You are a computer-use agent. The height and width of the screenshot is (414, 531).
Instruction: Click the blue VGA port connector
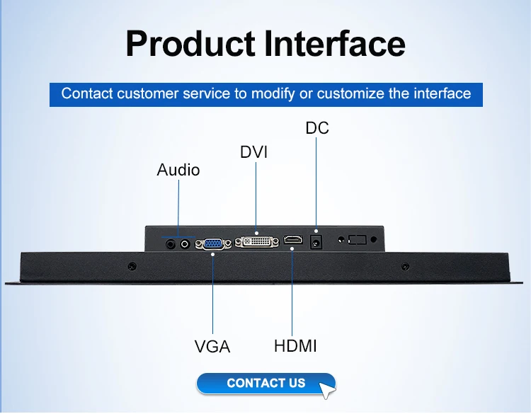coord(213,243)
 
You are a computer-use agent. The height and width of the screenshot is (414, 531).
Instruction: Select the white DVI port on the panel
coord(257,242)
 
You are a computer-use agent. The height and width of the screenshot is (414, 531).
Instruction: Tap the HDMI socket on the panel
coord(293,240)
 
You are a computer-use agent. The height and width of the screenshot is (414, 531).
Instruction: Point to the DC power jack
coord(316,242)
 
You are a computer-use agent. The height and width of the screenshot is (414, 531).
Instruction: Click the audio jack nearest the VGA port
coord(185,243)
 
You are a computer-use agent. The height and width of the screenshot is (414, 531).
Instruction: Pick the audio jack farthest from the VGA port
coord(171,243)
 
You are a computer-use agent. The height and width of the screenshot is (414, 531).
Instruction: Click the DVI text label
coord(253,152)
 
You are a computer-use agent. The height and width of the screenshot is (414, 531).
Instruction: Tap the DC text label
coord(317,128)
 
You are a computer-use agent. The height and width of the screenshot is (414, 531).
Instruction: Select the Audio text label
coord(178,170)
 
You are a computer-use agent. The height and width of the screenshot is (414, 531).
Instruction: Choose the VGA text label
coord(212,346)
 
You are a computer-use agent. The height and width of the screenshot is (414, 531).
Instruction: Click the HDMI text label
coord(295,346)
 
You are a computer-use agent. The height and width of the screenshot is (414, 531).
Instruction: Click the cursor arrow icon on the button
coord(326,391)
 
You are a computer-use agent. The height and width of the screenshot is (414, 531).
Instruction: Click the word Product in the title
coord(190,44)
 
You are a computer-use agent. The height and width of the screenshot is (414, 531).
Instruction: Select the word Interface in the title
coord(335,44)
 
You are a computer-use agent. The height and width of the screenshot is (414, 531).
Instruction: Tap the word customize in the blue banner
coord(350,93)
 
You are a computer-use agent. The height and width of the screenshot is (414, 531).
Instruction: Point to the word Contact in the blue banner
coord(86,93)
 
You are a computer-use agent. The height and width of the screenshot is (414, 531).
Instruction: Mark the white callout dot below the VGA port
coord(212,254)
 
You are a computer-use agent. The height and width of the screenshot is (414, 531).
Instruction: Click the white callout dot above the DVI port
coord(256,234)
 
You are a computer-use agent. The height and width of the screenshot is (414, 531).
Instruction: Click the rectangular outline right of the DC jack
coord(358,240)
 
